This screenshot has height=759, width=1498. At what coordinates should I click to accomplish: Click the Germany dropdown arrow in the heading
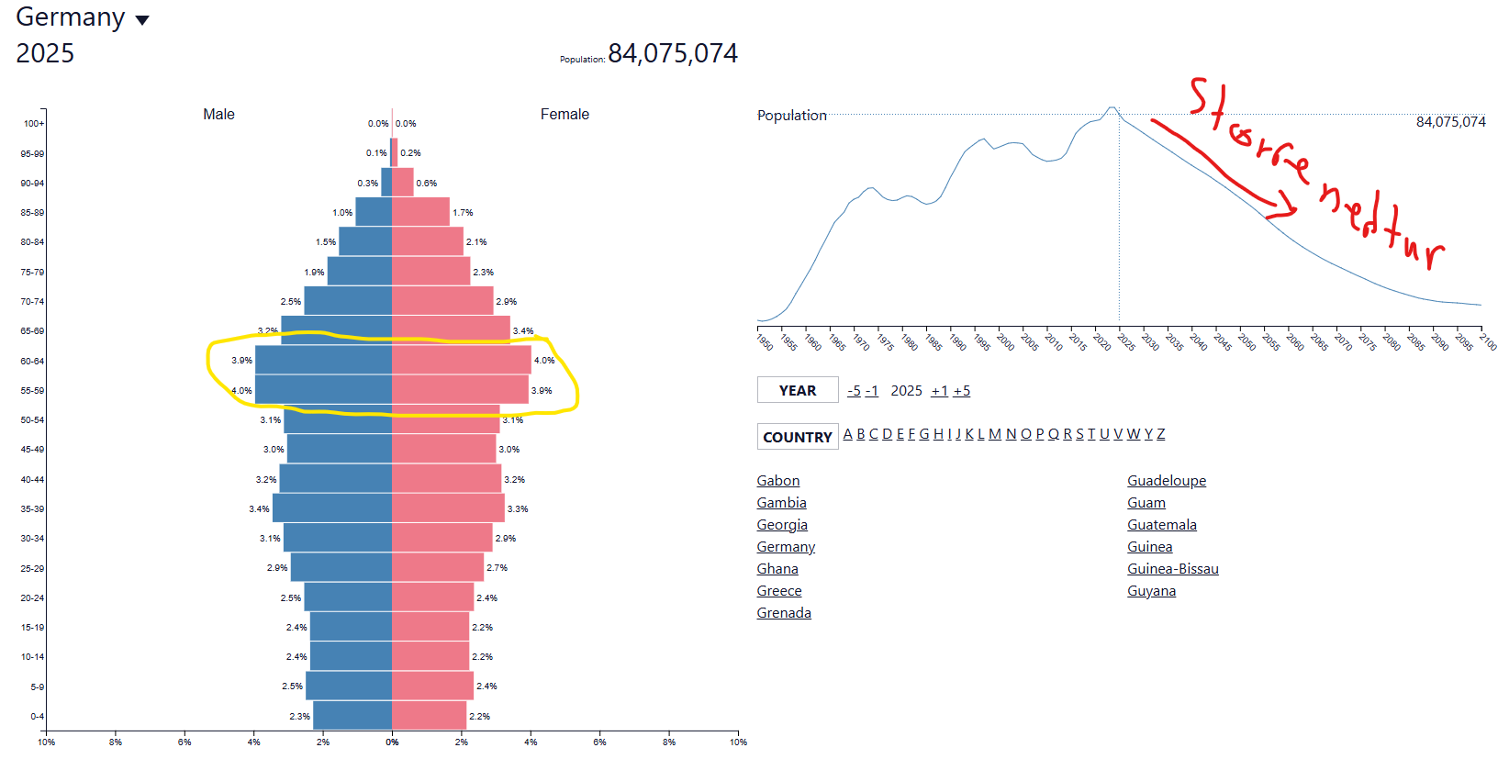point(142,20)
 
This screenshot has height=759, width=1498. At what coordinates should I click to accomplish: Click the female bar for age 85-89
point(420,212)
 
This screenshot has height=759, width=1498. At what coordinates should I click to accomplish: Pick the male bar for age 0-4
point(352,716)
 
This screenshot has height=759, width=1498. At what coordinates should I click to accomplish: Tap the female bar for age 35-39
point(448,508)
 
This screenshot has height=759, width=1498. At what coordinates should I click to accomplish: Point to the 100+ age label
point(33,124)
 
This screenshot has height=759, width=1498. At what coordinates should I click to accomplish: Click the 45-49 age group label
point(32,450)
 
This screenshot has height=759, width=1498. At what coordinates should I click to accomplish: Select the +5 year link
point(961,391)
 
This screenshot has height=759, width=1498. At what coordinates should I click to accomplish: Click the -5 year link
point(854,391)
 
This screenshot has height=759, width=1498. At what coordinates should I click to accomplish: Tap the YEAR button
point(798,390)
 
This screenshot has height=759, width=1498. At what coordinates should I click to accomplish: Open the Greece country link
point(779,591)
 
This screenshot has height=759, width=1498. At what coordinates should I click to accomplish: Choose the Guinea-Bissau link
point(1173,569)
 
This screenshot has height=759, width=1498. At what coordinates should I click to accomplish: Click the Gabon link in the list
point(778,481)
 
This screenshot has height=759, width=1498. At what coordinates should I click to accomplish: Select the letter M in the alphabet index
point(994,434)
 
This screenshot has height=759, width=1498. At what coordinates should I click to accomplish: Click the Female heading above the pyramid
point(565,114)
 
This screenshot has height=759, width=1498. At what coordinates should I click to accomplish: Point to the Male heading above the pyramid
point(218,114)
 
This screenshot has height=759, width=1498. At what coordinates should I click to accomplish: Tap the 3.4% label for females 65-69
point(523,331)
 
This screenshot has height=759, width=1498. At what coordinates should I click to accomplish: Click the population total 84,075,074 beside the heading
point(673,54)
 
